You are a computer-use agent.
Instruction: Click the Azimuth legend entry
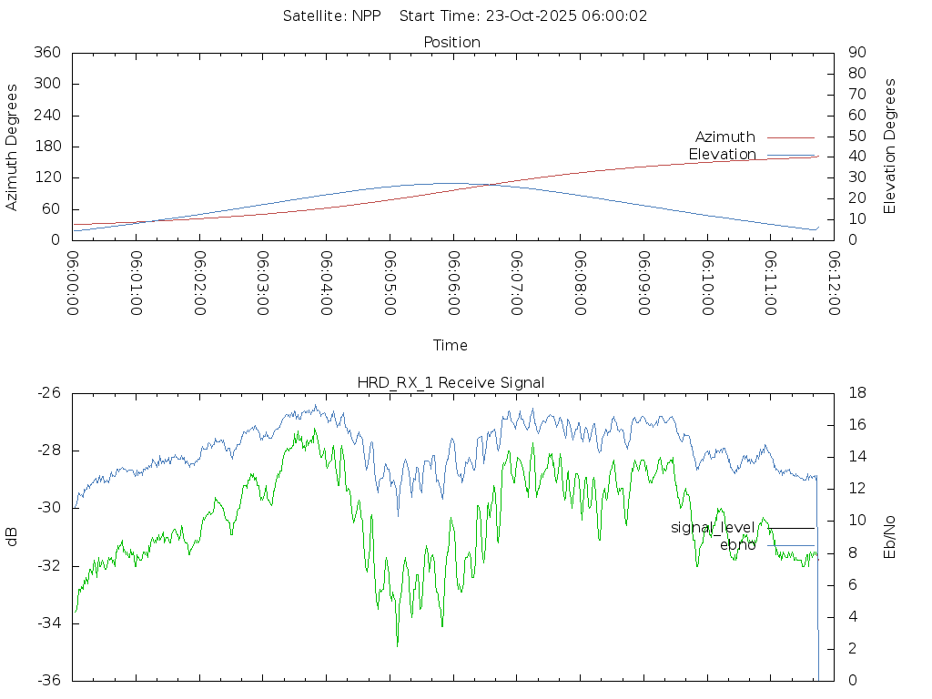725,137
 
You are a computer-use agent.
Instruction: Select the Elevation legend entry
722,155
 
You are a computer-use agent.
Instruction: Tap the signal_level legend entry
713,528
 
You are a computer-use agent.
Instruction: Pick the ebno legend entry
737,545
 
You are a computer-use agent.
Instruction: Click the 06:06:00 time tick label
453,283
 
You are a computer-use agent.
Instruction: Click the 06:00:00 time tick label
73,283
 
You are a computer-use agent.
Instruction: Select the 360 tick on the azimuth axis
47,53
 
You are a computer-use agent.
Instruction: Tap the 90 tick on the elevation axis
856,53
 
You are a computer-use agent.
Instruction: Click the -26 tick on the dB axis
49,393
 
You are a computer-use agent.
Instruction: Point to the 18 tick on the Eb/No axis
856,393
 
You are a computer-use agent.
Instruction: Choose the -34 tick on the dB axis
49,623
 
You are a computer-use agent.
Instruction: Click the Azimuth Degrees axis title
13,147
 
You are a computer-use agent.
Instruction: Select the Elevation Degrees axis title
890,147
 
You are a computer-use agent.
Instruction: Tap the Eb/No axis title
890,537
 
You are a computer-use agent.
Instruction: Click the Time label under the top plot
451,346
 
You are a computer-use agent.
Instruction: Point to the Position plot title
452,42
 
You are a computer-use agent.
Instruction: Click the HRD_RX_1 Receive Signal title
451,382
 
